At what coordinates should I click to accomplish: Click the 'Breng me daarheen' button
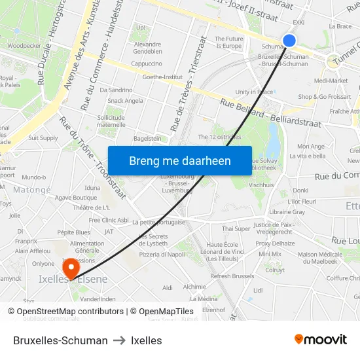pyautogui.click(x=180, y=161)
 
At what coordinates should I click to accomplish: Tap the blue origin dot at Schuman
pyautogui.click(x=289, y=41)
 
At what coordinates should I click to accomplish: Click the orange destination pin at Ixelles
pyautogui.click(x=70, y=268)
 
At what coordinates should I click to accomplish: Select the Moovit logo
pyautogui.click(x=320, y=339)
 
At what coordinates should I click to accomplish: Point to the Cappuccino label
pyautogui.click(x=147, y=64)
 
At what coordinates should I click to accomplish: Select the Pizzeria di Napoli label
pyautogui.click(x=162, y=255)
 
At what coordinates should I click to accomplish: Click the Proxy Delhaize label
pyautogui.click(x=275, y=243)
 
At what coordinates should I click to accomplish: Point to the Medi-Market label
pyautogui.click(x=331, y=81)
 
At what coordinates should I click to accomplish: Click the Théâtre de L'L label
pyautogui.click(x=92, y=207)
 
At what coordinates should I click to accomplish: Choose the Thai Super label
pyautogui.click(x=236, y=229)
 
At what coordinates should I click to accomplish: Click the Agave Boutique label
pyautogui.click(x=76, y=198)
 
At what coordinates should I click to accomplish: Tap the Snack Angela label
pyautogui.click(x=125, y=101)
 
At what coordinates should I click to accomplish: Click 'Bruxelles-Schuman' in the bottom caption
pyautogui.click(x=60, y=340)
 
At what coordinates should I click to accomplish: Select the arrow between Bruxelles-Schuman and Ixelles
pyautogui.click(x=119, y=340)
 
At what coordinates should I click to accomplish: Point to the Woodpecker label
pyautogui.click(x=24, y=46)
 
